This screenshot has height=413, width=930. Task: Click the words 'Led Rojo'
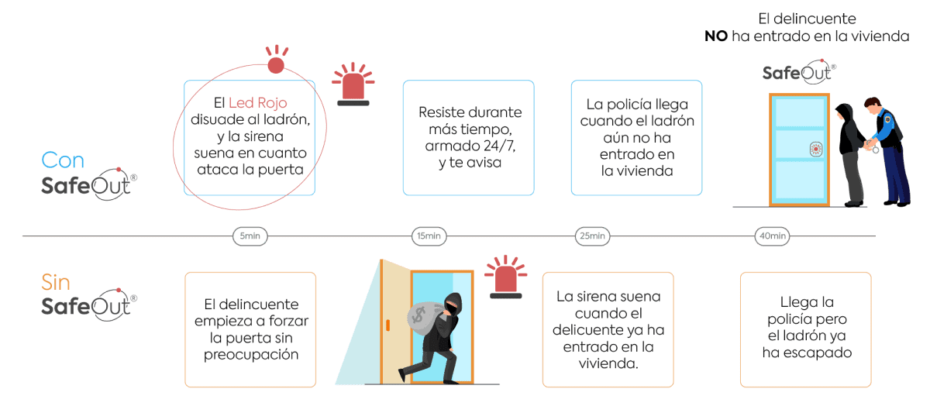256,103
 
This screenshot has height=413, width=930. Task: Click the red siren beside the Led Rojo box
354,84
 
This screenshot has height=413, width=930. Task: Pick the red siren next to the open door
506,277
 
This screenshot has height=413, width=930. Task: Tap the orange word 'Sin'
57,280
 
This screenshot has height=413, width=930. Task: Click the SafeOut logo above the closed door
799,73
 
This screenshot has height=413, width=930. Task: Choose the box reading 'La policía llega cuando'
636,138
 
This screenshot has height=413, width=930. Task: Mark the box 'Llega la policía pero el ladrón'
805,329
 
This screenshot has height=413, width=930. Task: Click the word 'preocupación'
250,354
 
